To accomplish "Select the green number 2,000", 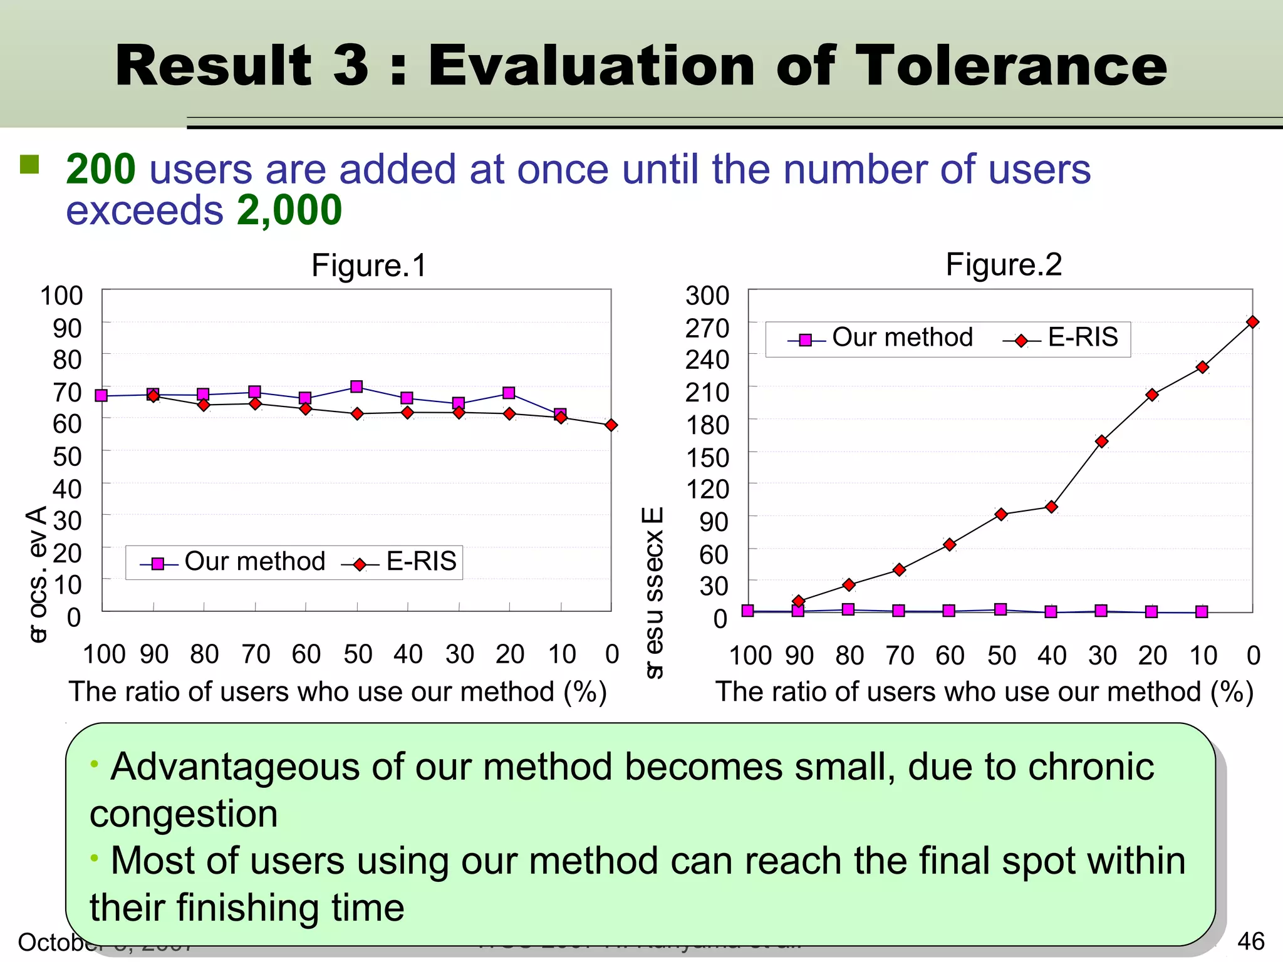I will tap(289, 210).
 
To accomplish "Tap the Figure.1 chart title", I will tap(369, 265).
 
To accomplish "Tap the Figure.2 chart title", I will tap(1004, 264).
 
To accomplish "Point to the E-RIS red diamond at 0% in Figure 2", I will tap(1252, 322).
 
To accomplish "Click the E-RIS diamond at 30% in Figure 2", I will tap(1102, 441).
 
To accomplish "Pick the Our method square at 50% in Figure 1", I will tap(356, 386).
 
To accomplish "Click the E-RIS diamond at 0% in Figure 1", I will tap(611, 425).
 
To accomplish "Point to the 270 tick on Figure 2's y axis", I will tap(707, 328).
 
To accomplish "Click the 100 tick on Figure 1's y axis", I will tap(61, 296).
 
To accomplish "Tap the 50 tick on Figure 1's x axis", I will tap(358, 654).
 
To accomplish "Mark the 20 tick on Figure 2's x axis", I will tap(1152, 656).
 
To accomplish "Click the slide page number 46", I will tap(1250, 941).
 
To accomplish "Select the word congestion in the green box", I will tap(184, 814).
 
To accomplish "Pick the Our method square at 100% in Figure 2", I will tap(748, 610).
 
